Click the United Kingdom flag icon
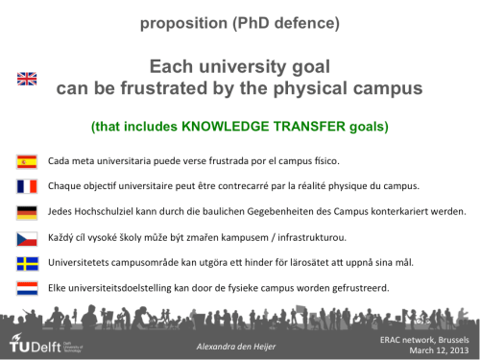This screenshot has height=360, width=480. click(x=27, y=79)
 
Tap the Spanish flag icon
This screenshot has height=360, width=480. click(x=27, y=160)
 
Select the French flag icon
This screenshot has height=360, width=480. click(x=27, y=185)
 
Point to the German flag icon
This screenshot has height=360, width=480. click(x=27, y=211)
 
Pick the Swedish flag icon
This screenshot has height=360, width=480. click(x=27, y=261)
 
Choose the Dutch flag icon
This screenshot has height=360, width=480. click(x=27, y=286)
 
